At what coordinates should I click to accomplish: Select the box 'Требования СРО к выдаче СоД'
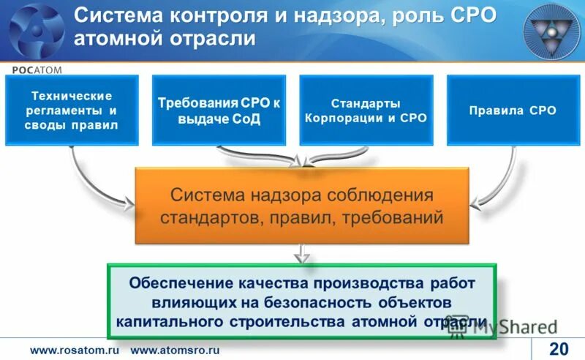pyautogui.click(x=219, y=110)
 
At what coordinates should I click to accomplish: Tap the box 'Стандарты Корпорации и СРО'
pyautogui.click(x=364, y=110)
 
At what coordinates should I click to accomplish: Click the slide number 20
pyautogui.click(x=559, y=348)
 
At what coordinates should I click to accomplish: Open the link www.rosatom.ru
pyautogui.click(x=73, y=350)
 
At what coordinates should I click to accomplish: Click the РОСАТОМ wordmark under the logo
pyautogui.click(x=37, y=69)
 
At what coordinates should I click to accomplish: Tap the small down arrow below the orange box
pyautogui.click(x=301, y=254)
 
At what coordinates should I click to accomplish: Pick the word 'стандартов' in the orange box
pyautogui.click(x=211, y=217)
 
